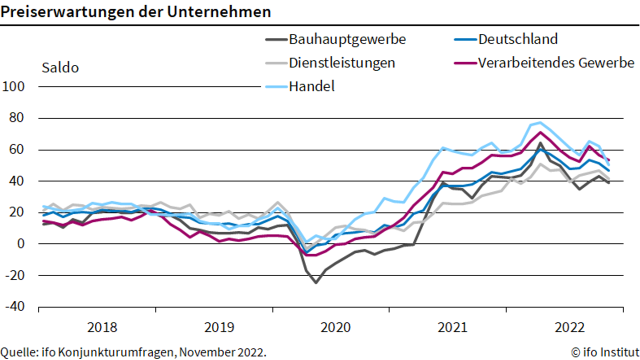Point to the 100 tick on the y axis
click(13, 86)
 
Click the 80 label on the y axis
click(16, 117)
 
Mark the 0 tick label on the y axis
click(21, 243)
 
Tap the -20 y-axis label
click(15, 275)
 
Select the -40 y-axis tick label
click(15, 306)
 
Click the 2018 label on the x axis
click(102, 327)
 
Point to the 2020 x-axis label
click(335, 327)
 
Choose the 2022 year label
click(569, 327)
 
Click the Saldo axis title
click(60, 68)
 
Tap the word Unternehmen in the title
click(219, 12)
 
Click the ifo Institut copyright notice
click(605, 352)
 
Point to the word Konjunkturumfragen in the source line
click(118, 352)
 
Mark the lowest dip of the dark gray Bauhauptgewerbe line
click(316, 283)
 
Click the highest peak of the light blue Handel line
click(540, 122)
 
